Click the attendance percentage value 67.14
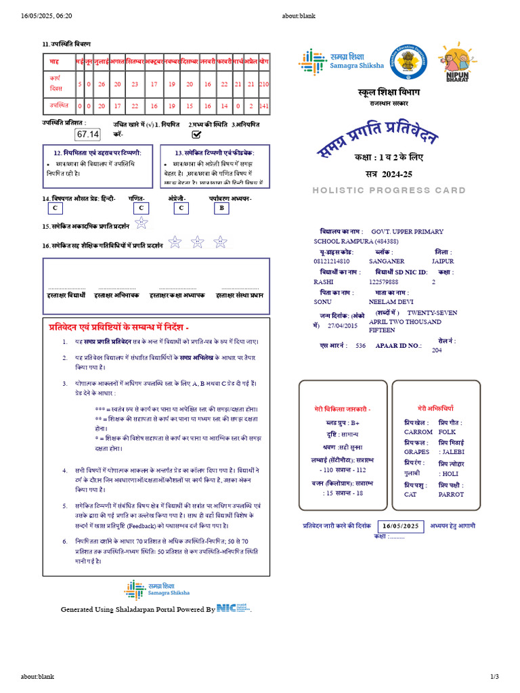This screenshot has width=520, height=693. (x=88, y=135)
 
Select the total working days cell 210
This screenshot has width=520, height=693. (x=264, y=84)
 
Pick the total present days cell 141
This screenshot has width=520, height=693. (x=264, y=106)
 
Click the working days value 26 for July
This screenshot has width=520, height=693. (x=102, y=84)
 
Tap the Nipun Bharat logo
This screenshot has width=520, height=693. (x=457, y=66)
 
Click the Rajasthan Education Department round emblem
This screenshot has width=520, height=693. (x=405, y=62)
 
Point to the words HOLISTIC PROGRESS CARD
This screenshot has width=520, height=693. (x=389, y=191)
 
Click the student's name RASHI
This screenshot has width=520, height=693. (x=324, y=282)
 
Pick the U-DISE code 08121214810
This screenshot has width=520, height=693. (x=332, y=261)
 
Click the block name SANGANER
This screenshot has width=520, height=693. (x=387, y=261)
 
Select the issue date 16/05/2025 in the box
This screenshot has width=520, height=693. (x=402, y=526)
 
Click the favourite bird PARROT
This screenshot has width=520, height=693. (x=452, y=494)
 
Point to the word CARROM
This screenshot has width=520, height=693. (x=418, y=431)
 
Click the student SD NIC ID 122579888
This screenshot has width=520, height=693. (x=384, y=282)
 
